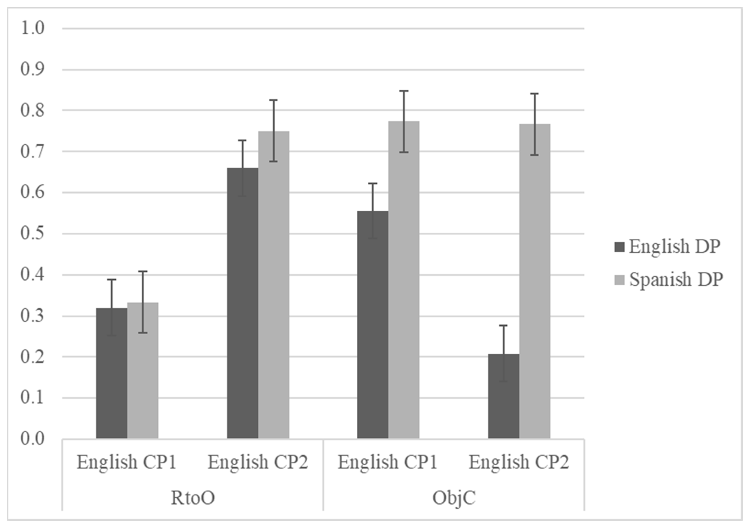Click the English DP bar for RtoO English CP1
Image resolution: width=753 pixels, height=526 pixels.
[x=111, y=374]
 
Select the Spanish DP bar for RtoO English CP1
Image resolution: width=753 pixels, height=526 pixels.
[x=143, y=371]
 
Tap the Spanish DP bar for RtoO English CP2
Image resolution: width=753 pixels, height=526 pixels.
[x=273, y=285]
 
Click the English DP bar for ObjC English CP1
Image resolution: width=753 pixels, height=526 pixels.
[x=372, y=325]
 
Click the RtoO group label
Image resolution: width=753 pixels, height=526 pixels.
[x=193, y=498]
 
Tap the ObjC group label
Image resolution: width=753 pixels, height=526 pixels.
[x=454, y=498]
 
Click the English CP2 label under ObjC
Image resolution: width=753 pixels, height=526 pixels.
[x=519, y=462]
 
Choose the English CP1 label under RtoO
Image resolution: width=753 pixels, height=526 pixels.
[x=127, y=462]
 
